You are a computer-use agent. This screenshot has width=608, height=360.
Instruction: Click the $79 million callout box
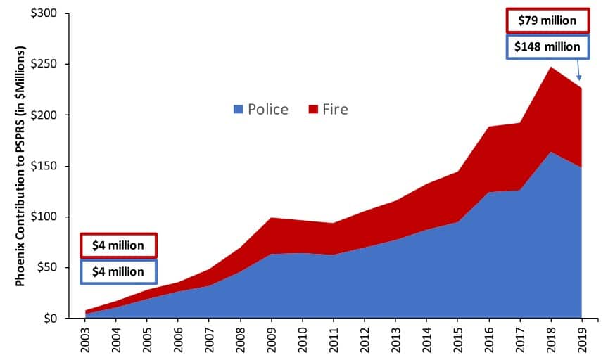click(x=547, y=20)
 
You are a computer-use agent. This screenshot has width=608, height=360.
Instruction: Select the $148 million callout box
click(x=547, y=47)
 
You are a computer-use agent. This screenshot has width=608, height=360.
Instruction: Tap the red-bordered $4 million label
click(x=118, y=245)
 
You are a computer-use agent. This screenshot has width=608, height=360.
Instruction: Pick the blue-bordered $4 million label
click(x=118, y=271)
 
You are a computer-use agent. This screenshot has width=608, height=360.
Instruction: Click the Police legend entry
click(x=260, y=109)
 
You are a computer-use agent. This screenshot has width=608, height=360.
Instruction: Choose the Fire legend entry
click(x=328, y=109)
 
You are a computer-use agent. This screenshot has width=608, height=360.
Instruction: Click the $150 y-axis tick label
click(x=49, y=167)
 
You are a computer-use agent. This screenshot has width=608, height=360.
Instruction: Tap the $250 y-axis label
click(x=49, y=65)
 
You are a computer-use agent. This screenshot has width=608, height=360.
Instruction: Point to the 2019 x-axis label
click(x=581, y=340)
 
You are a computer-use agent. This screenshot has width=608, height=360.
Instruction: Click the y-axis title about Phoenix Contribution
click(x=20, y=166)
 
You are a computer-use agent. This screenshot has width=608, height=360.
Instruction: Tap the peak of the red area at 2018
click(x=550, y=67)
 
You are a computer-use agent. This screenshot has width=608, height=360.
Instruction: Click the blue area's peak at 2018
click(x=550, y=152)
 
